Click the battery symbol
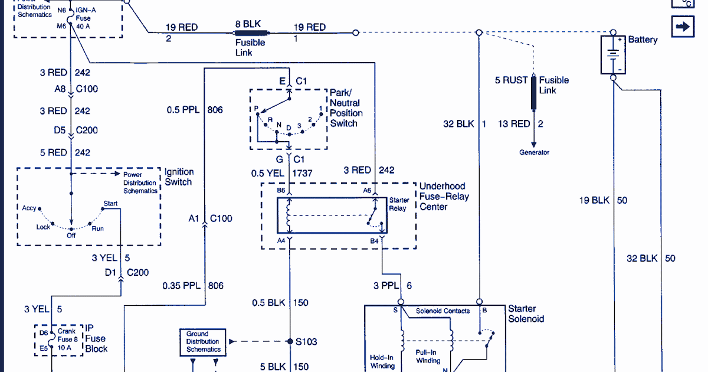coord(614,54)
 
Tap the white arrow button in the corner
coord(683,27)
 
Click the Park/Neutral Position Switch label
coord(346,108)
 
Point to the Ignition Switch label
coord(178,177)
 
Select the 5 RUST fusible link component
coord(534,93)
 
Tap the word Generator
coord(534,152)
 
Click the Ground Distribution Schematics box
coord(203,342)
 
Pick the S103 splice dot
coord(290,341)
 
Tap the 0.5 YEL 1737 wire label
coord(282,173)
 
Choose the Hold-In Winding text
coord(382,362)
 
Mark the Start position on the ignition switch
coord(110,204)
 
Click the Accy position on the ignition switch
coord(29,208)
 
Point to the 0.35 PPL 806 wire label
coord(193,286)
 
